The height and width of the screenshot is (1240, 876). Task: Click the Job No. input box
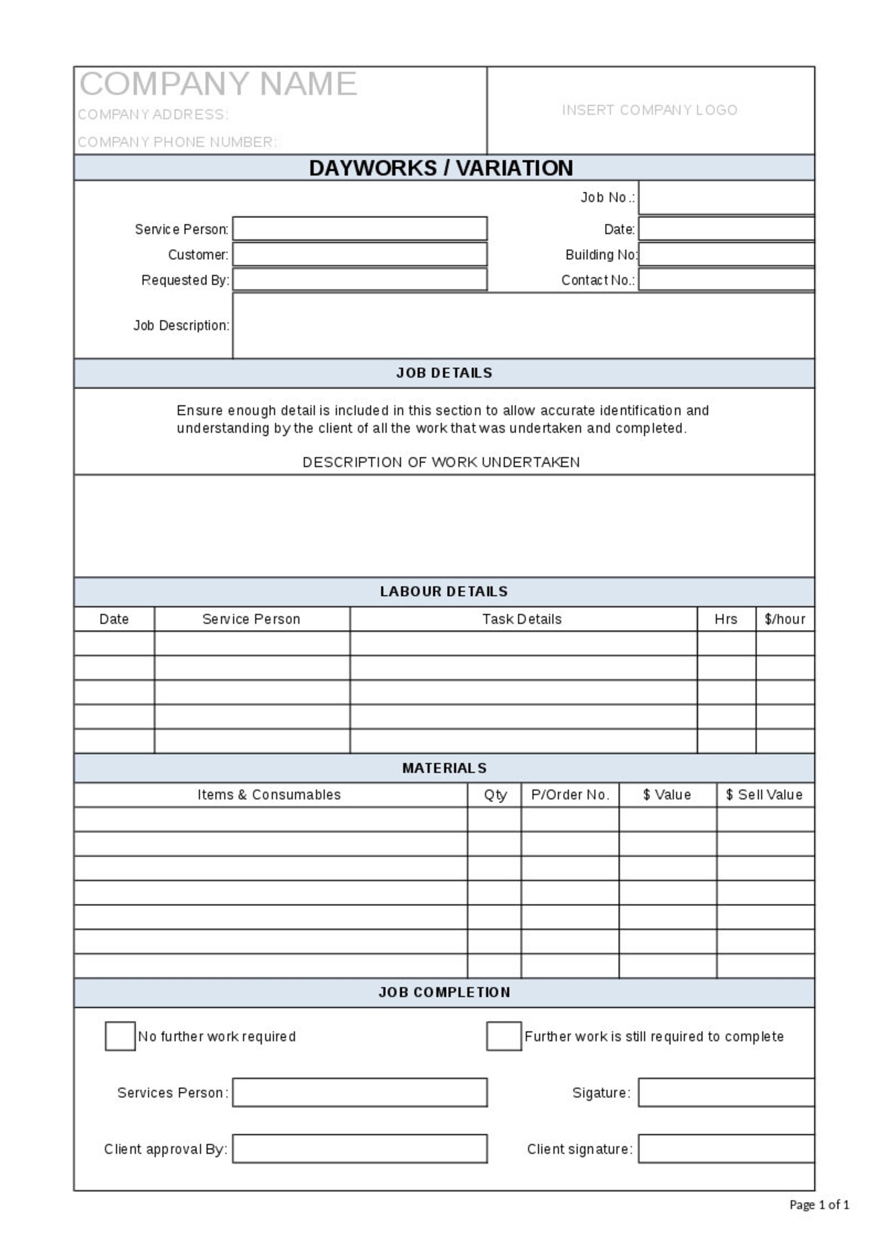pos(726,197)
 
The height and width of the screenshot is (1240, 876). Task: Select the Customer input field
pos(360,255)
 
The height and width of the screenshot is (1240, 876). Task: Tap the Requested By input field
pos(360,280)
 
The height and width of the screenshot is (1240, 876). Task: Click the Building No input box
pos(726,255)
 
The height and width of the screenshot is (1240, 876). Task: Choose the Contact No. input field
pos(726,280)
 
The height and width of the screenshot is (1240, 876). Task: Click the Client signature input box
pos(726,1148)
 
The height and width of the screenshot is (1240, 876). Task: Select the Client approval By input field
pos(360,1148)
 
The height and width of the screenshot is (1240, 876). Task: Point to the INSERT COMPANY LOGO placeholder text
pos(649,110)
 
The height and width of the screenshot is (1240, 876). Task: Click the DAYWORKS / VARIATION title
pos(441,168)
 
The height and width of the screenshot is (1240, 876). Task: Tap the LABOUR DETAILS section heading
pos(444,591)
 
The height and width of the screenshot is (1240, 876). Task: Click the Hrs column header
pos(725,619)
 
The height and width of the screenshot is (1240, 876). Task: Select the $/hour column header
pos(784,619)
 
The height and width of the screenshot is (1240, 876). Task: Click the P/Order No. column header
pos(570,795)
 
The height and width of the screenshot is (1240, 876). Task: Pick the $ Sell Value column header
pos(764,795)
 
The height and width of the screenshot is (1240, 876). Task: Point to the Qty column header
pos(495,795)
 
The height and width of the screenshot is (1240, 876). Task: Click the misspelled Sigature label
pos(601,1092)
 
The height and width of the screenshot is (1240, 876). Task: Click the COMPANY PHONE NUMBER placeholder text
pos(177,142)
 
